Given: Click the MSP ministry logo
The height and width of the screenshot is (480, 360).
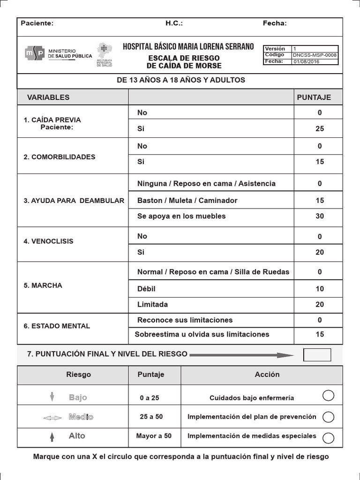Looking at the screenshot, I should (x=35, y=53).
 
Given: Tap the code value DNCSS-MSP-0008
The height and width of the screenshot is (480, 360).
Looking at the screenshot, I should (x=314, y=55).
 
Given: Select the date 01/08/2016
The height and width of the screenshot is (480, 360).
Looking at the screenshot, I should (x=307, y=61).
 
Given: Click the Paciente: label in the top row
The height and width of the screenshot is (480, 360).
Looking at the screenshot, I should (x=37, y=23).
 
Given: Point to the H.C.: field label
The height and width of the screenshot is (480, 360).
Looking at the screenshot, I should (x=174, y=23).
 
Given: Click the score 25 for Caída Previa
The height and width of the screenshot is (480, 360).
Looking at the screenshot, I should (x=320, y=128).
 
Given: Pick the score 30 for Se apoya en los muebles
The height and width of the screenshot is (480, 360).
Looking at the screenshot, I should (x=320, y=216).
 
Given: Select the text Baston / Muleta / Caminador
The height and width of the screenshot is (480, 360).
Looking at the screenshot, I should (x=187, y=200).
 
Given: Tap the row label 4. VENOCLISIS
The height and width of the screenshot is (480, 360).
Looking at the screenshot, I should (x=48, y=241).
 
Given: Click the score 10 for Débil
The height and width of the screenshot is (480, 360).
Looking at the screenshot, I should (x=320, y=289).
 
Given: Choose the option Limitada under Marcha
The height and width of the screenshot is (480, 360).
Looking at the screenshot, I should (x=152, y=304).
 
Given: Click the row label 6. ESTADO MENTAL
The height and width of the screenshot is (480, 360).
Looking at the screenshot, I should (x=57, y=326).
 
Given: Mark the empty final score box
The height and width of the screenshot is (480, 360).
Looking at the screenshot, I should (x=317, y=355).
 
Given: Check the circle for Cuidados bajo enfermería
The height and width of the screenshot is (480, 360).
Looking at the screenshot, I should (x=329, y=396).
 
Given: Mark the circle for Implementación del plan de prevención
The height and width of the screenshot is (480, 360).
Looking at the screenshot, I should (x=329, y=417).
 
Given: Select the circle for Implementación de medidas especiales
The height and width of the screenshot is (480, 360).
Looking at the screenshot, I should (x=329, y=438).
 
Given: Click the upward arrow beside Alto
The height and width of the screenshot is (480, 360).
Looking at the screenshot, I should (x=52, y=437).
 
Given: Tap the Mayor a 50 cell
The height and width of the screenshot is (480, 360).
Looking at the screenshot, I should (x=154, y=436).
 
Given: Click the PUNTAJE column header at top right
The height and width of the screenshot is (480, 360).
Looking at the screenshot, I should (x=314, y=97).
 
